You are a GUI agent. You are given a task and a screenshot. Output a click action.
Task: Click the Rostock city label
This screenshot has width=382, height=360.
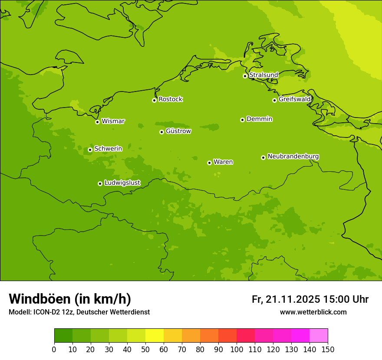170,99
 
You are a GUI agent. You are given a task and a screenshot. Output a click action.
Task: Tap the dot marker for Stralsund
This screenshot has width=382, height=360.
245,76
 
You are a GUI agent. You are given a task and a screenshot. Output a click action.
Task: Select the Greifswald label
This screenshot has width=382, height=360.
294,99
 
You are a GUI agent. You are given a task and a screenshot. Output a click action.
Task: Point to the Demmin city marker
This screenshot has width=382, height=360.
242,120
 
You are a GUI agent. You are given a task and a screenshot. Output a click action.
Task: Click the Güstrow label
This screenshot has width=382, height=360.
178,131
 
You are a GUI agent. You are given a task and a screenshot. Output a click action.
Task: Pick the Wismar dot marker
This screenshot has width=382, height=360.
97,122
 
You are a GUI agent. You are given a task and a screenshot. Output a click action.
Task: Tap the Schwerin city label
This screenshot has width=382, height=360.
108,149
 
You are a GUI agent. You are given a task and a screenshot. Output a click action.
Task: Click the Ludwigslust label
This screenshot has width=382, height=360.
122,183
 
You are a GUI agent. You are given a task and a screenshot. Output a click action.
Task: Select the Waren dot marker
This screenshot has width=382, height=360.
209,163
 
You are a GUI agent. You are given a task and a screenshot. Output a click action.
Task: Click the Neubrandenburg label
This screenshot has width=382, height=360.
293,157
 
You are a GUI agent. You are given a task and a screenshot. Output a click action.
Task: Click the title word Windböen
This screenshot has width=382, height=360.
40,299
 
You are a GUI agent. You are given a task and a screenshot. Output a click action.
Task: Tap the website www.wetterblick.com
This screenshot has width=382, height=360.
313,312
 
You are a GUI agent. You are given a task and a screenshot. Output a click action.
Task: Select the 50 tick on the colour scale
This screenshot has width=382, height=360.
145,349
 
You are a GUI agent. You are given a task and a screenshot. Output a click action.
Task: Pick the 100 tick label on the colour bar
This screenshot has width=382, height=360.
237,349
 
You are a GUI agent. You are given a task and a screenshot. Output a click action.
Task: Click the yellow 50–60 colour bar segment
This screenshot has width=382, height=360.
155,336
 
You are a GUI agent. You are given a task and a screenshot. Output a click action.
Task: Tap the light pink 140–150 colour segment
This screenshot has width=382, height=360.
319,336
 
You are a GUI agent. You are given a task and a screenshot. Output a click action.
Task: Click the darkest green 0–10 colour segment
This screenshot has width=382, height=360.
63,336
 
